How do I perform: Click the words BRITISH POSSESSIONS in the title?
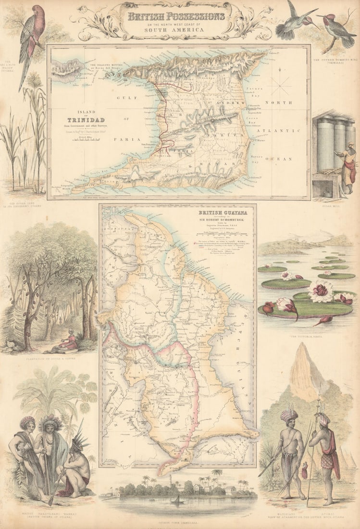[175, 16]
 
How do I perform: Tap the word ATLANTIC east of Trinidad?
[278, 131]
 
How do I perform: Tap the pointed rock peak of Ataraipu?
[304, 370]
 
